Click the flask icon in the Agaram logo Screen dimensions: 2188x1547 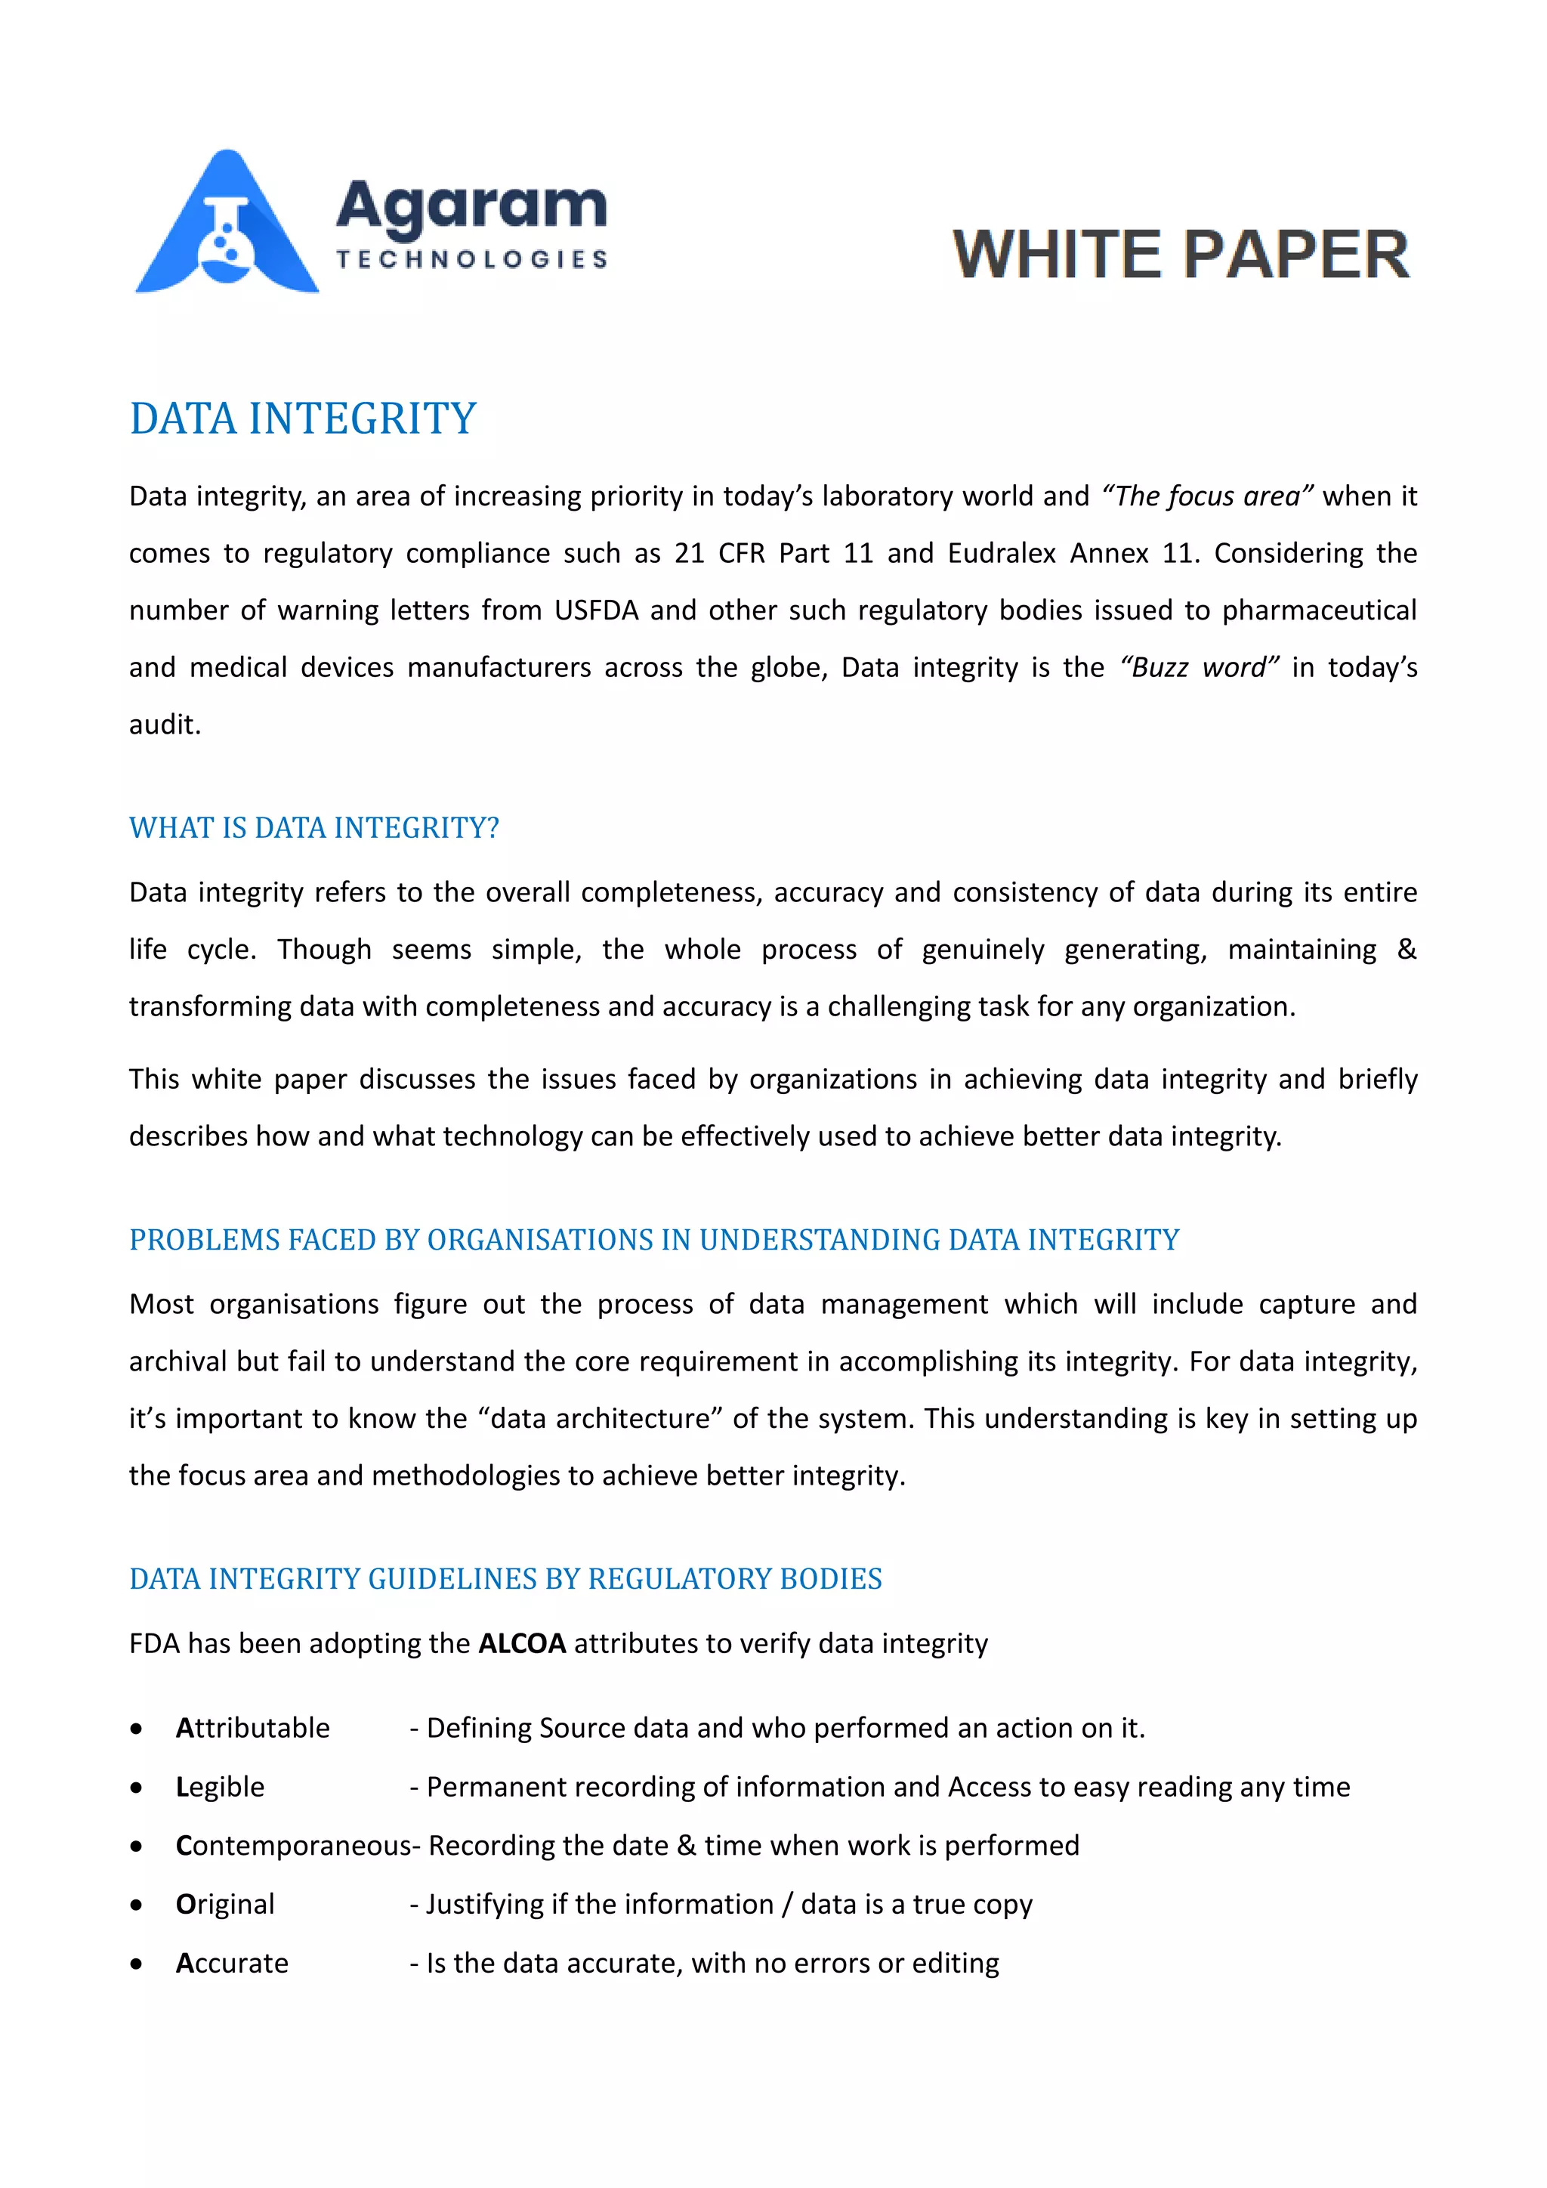click(x=227, y=238)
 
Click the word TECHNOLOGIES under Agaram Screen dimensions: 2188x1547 click(x=471, y=259)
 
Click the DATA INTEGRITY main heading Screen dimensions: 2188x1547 click(x=303, y=419)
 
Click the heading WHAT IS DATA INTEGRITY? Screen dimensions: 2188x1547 click(x=314, y=827)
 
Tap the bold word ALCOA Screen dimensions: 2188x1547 click(x=522, y=1644)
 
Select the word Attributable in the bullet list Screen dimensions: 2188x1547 click(x=252, y=1728)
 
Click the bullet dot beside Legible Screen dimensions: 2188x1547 click(x=137, y=1788)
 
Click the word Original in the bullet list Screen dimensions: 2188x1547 click(x=225, y=1904)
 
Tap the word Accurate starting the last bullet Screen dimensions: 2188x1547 click(x=231, y=1963)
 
